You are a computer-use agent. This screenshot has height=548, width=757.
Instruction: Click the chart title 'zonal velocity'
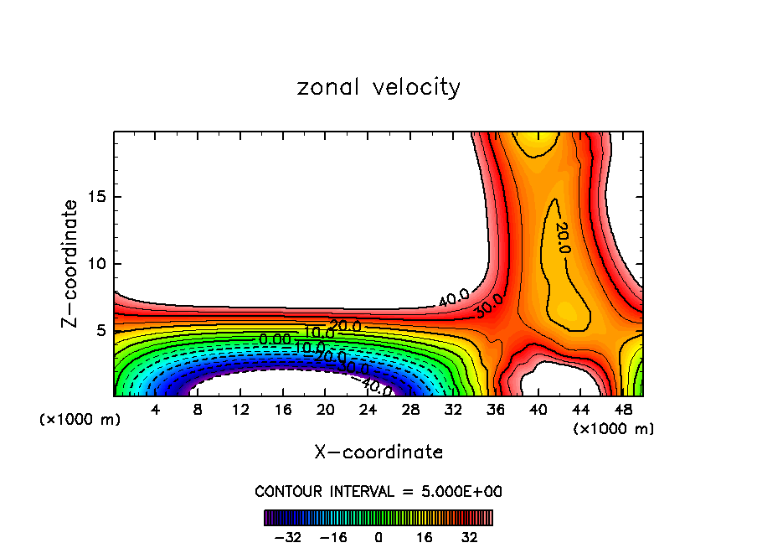[x=378, y=87]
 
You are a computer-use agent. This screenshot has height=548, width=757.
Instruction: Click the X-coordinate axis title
[x=378, y=452]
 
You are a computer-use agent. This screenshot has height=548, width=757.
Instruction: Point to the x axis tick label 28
[x=410, y=410]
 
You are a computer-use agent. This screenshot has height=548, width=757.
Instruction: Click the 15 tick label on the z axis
[x=94, y=197]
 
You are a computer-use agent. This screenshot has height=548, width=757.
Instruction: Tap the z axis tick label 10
[x=94, y=264]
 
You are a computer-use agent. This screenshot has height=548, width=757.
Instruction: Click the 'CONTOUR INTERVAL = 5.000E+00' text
[x=378, y=491]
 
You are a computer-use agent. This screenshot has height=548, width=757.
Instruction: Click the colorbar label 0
[x=378, y=537]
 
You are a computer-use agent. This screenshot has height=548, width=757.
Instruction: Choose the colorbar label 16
[x=425, y=537]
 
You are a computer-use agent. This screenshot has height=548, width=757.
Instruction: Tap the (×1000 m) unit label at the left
[x=80, y=420]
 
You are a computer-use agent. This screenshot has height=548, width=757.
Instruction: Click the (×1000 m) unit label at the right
[x=614, y=429]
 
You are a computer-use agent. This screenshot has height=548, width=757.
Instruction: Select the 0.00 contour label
[x=275, y=339]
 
